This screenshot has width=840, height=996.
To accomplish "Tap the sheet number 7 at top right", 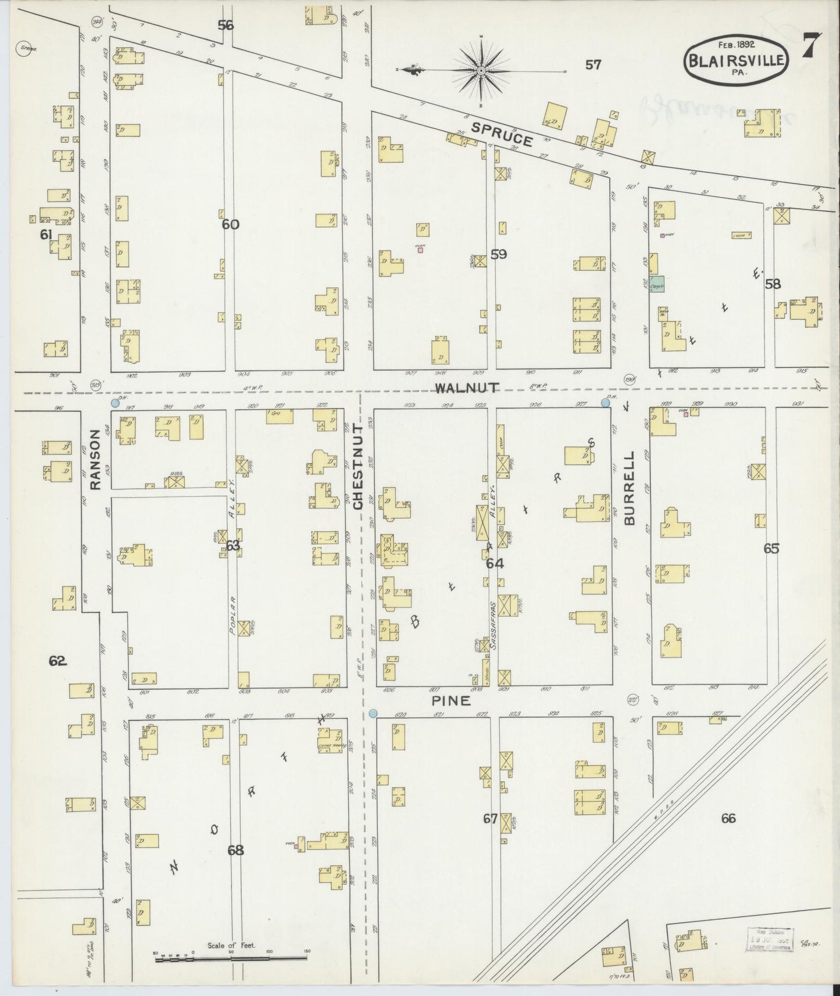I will (x=812, y=45).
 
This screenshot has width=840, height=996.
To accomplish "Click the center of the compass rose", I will (x=481, y=71).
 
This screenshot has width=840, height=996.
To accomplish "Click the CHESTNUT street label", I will (x=358, y=467).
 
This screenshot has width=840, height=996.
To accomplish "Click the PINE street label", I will (x=451, y=701).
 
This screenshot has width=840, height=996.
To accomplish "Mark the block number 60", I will (x=230, y=224).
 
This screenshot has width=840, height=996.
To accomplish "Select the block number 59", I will (x=498, y=254).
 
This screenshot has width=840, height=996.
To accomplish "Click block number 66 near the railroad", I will (x=728, y=818).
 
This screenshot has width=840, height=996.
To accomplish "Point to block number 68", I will (x=235, y=851).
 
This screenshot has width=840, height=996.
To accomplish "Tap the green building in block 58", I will (x=657, y=284).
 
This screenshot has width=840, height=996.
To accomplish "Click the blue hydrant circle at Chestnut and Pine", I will (x=373, y=713).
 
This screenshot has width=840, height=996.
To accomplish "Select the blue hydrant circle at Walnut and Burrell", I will (x=605, y=403).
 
